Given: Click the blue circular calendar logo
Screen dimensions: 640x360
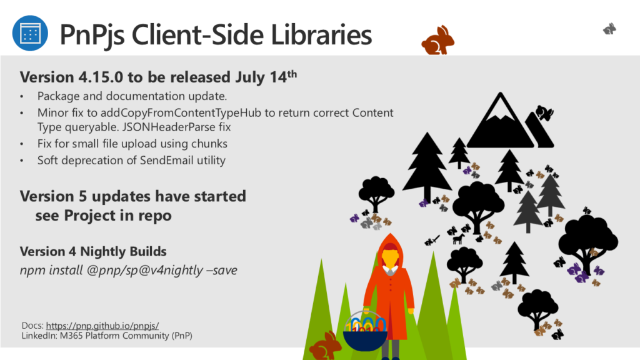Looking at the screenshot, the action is [x=30, y=33].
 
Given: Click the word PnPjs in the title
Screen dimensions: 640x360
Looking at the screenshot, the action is [x=92, y=35].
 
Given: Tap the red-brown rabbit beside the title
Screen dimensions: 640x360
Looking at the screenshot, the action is [x=438, y=41].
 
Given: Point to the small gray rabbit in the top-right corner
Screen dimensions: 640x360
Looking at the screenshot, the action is [x=610, y=29].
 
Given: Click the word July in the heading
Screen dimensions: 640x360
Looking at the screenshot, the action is [x=250, y=77].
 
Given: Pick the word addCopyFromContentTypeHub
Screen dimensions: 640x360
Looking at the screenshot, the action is [x=181, y=112].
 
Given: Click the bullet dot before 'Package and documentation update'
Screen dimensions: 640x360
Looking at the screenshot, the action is [x=22, y=97].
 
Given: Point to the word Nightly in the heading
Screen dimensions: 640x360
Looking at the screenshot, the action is [x=99, y=252].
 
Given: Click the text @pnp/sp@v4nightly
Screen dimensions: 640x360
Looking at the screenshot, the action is [x=144, y=270].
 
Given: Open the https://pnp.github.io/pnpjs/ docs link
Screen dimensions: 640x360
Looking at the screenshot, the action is [x=102, y=326].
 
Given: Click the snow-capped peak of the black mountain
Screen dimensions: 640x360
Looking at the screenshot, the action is [x=500, y=108].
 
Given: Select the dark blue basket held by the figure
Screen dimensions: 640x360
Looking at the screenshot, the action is [x=365, y=341].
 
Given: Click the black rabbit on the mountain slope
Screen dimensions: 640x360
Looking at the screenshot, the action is [x=544, y=112].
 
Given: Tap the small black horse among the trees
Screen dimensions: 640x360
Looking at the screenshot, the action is [x=459, y=239].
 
